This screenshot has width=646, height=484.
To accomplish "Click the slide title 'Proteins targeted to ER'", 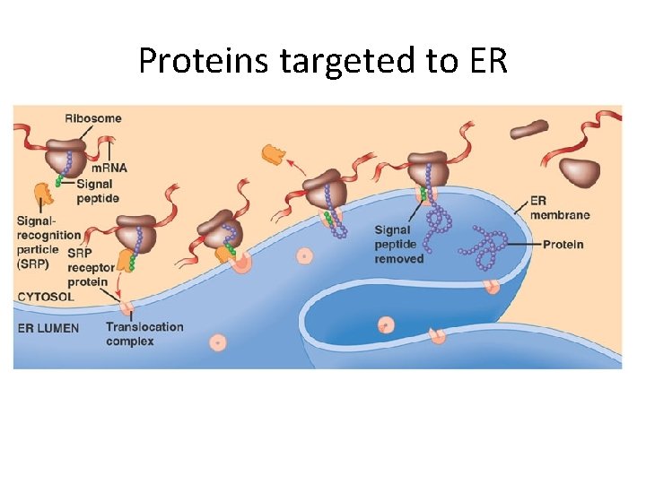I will click(x=323, y=60).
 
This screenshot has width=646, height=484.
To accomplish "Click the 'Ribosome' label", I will click(x=92, y=118).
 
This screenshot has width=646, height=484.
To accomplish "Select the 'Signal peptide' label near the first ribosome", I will click(x=97, y=191).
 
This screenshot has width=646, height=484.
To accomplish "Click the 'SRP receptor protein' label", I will click(x=91, y=267).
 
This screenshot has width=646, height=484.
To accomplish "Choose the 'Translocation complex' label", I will click(x=144, y=333).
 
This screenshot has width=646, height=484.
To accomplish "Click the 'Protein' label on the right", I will click(x=563, y=244).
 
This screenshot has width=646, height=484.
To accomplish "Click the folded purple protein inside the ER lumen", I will click(x=484, y=249).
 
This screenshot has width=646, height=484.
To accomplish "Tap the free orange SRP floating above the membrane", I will click(x=272, y=154).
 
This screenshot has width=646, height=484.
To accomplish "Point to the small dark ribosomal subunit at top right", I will click(x=528, y=130).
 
